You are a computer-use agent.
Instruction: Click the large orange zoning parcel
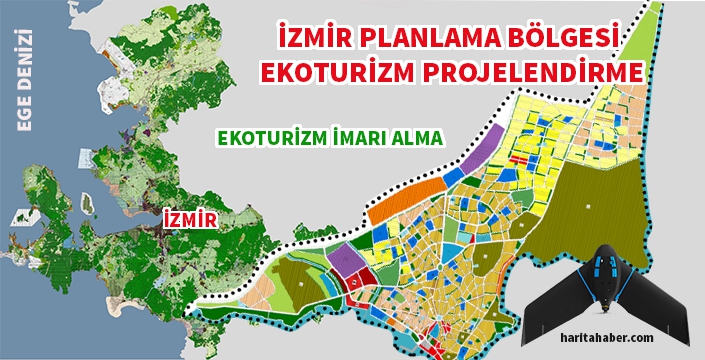click(x=406, y=200)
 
